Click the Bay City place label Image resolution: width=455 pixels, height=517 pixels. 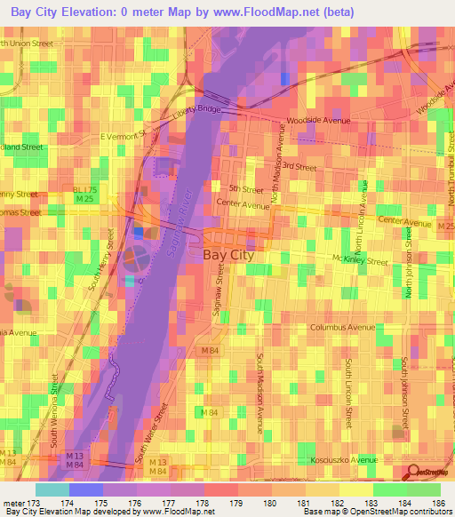point(228,255)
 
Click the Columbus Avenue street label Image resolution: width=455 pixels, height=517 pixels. point(343,327)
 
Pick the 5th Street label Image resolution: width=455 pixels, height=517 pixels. point(246,190)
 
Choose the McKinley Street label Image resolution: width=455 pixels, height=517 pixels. point(360,261)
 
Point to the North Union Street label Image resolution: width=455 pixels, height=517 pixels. point(28,43)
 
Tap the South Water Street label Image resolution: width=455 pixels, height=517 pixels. point(152,434)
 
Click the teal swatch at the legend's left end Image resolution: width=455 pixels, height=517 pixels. point(52,489)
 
